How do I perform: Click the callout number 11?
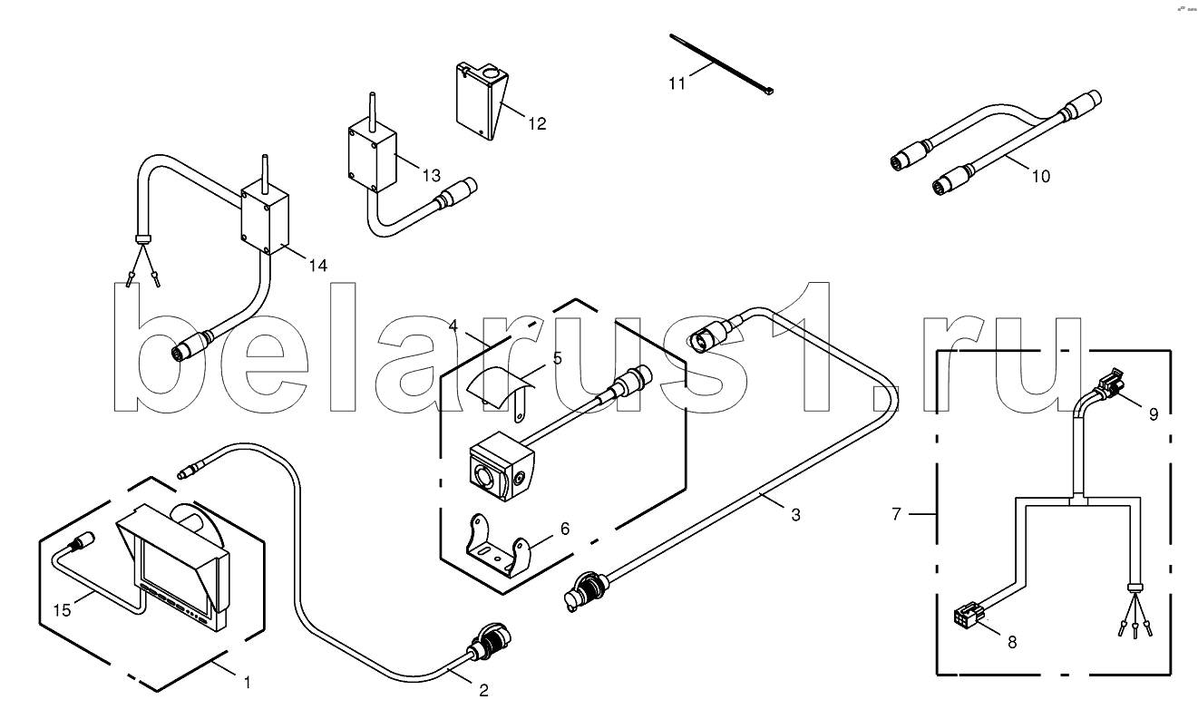click(x=677, y=84)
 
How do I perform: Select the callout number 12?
click(x=537, y=123)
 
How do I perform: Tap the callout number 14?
click(x=317, y=266)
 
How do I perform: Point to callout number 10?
click(x=1040, y=176)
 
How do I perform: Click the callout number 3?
click(x=795, y=515)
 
